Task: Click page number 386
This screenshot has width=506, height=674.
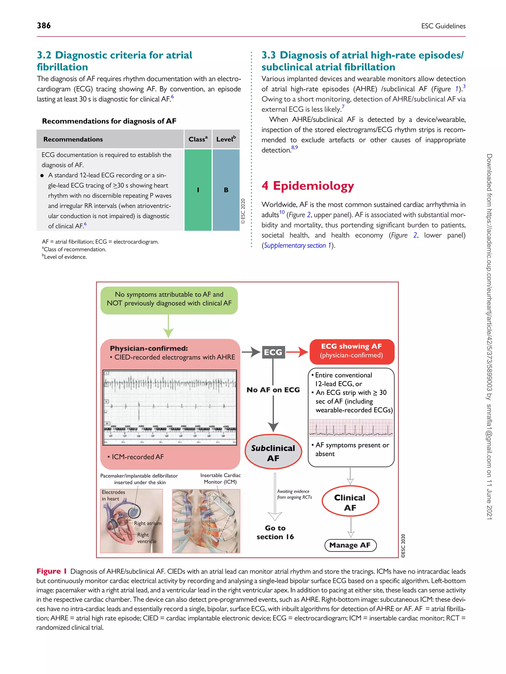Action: click(44, 26)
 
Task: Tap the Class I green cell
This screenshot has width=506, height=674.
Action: click(198, 190)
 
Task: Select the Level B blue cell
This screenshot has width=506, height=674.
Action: click(226, 190)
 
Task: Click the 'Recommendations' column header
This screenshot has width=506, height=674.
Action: click(73, 139)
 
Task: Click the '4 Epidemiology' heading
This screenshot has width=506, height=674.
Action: click(308, 186)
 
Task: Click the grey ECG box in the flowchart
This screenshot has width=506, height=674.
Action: click(273, 352)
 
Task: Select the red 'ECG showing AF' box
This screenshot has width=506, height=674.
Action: click(351, 351)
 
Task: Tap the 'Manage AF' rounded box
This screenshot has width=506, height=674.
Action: click(350, 545)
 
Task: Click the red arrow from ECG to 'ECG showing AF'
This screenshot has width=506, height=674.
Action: click(297, 352)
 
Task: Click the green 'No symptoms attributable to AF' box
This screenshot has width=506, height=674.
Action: click(169, 299)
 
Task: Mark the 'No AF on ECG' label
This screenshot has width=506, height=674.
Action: click(273, 390)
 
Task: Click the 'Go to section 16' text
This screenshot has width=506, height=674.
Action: click(275, 532)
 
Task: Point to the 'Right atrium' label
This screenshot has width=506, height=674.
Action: click(148, 523)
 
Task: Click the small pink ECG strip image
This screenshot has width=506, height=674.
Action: click(351, 427)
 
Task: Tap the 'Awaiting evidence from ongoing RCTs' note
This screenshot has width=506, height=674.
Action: click(294, 494)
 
